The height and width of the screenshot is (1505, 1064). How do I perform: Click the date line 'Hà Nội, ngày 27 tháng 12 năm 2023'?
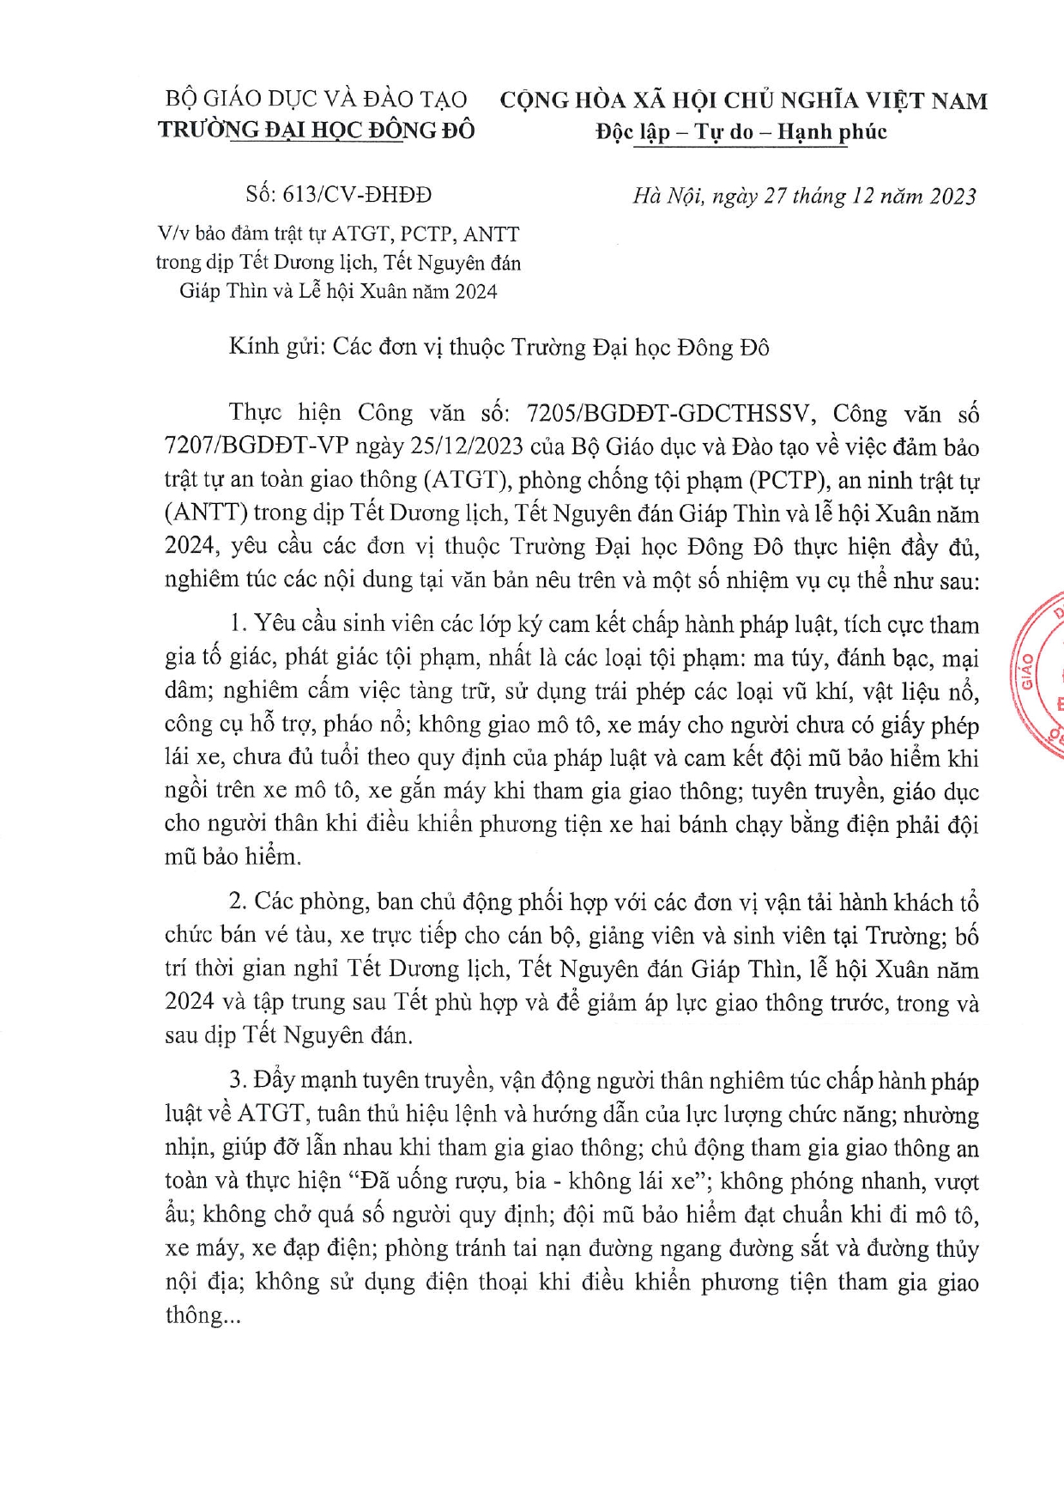[804, 197]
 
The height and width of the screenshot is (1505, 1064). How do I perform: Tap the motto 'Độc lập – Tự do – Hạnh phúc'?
[741, 132]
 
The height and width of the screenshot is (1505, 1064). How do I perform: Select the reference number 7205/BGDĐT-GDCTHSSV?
[668, 414]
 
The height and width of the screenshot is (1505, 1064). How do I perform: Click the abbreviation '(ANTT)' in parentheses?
[206, 513]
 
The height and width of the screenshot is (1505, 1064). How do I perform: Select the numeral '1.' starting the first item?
[239, 624]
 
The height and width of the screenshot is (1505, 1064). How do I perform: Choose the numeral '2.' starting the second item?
[239, 901]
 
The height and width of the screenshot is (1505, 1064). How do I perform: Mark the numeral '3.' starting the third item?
[239, 1081]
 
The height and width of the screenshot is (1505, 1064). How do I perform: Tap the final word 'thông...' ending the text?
[203, 1314]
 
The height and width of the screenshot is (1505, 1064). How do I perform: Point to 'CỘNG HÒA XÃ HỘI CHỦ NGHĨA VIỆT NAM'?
[743, 100]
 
